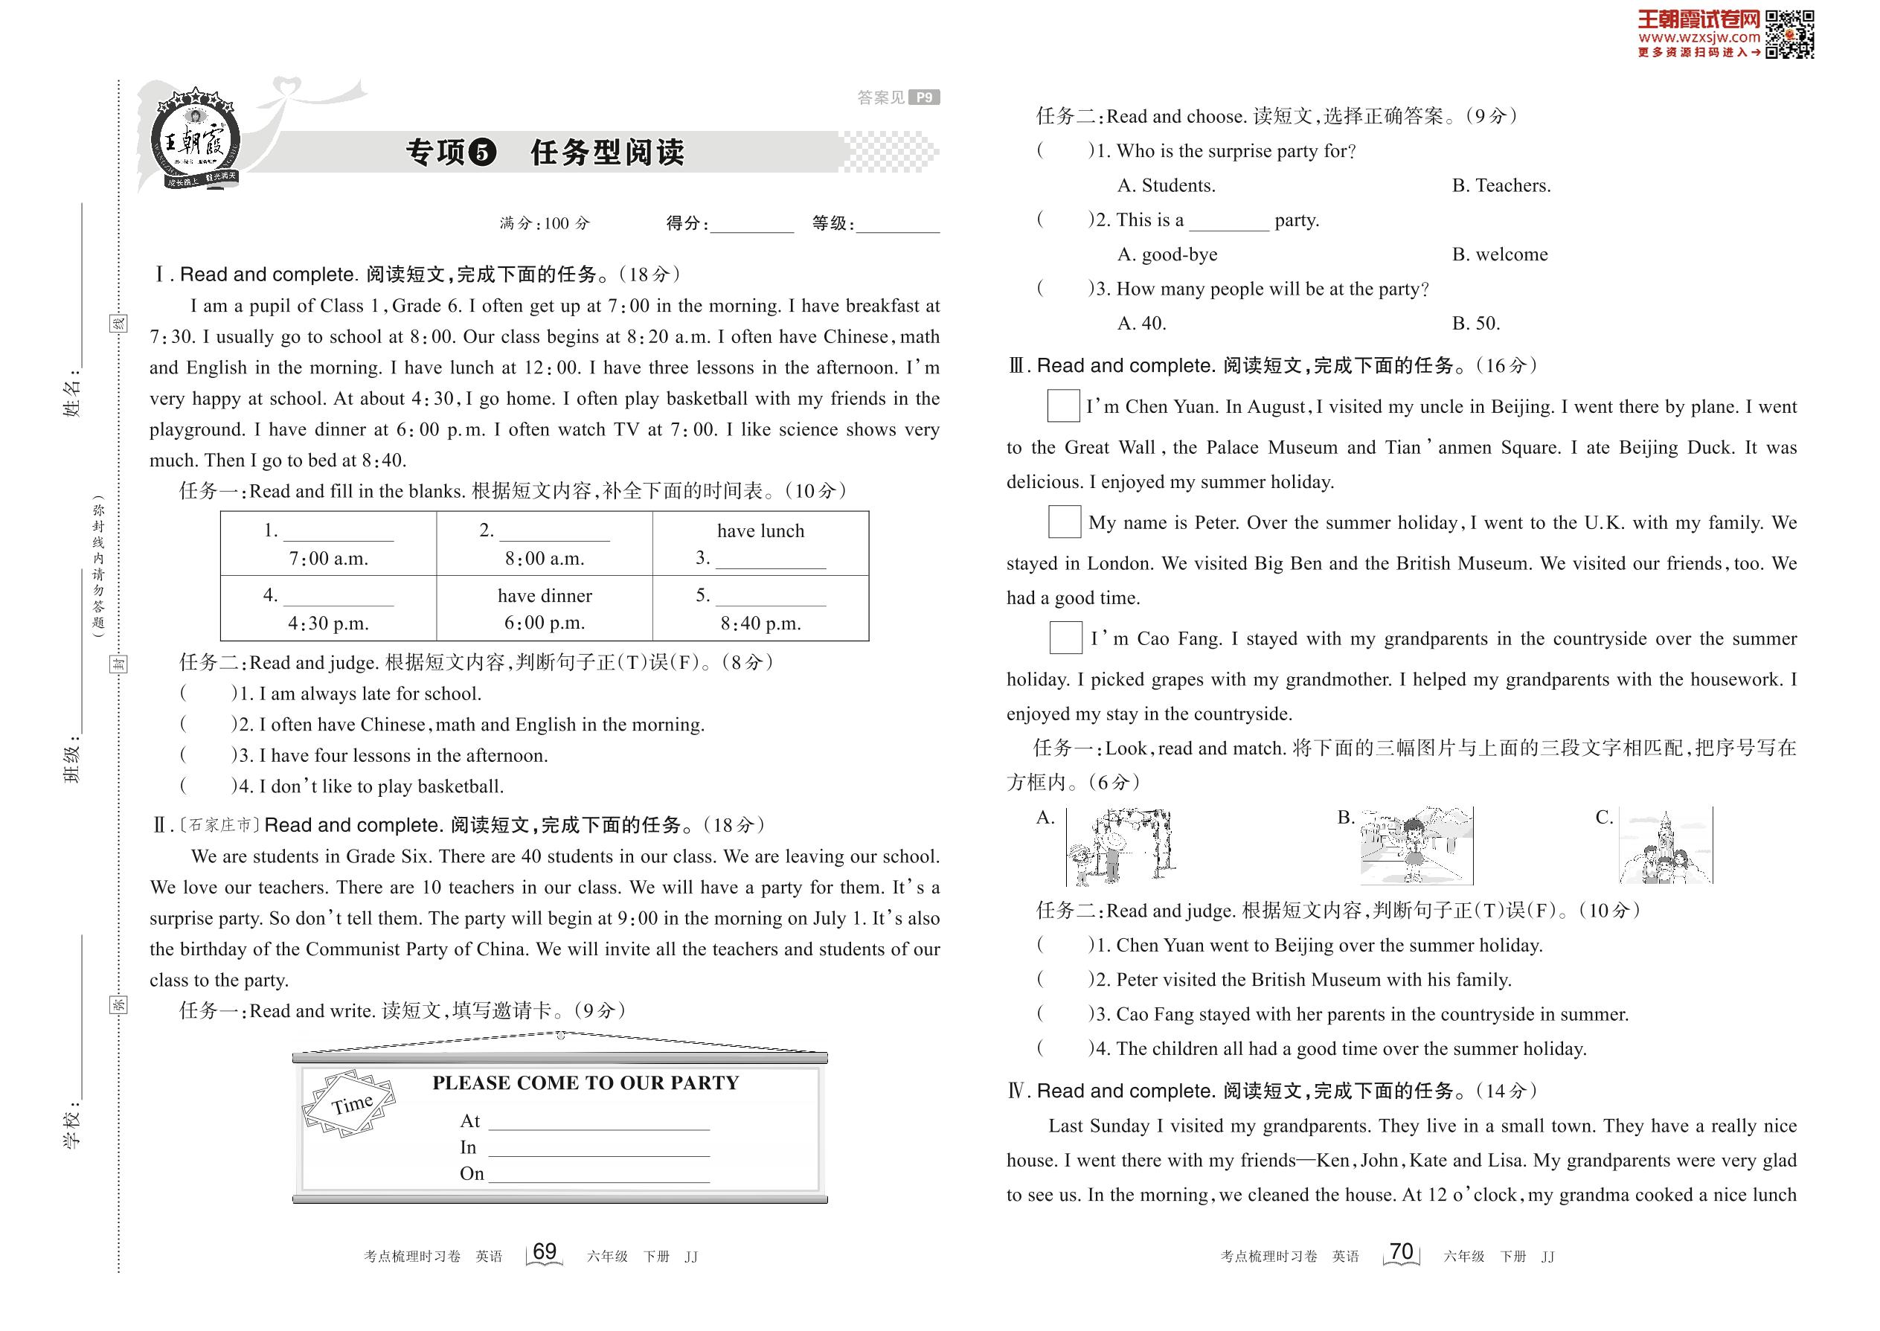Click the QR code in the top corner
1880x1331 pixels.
[x=1789, y=34]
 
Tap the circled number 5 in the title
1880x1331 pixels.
[x=484, y=152]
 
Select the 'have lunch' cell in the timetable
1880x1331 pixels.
[x=760, y=531]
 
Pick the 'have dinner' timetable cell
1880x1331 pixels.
[x=544, y=596]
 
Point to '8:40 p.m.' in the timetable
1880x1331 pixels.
[x=760, y=623]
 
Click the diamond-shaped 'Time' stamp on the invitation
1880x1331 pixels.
[x=350, y=1104]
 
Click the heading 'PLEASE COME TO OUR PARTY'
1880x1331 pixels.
[x=586, y=1083]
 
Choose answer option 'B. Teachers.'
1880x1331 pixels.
[x=1501, y=186]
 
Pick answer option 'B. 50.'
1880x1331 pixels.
[x=1476, y=324]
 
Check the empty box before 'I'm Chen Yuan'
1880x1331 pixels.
[x=1063, y=405]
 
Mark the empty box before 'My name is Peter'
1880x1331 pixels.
[x=1065, y=522]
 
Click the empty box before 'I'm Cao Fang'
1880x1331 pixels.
[x=1065, y=638]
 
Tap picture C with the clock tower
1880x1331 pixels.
[x=1665, y=847]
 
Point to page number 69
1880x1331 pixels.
[x=544, y=1251]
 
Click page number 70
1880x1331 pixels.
[x=1402, y=1251]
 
